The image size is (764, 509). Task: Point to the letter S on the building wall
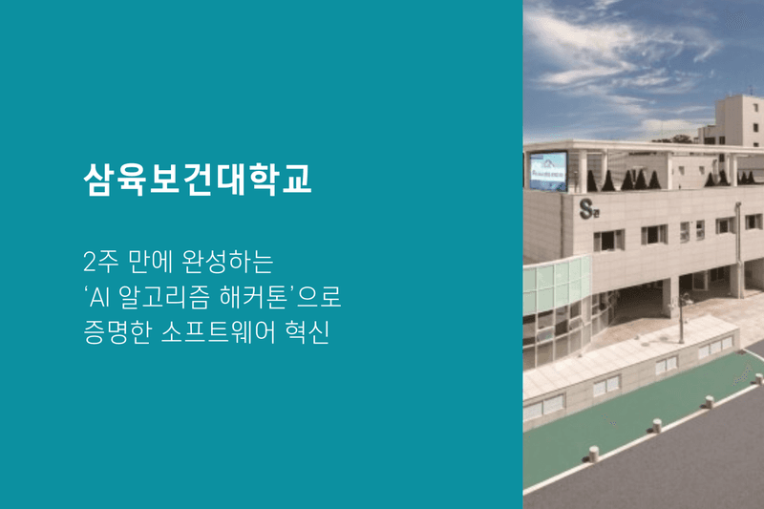[586, 208]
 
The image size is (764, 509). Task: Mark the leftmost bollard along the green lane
[593, 454]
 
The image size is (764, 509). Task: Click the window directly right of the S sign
[608, 240]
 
